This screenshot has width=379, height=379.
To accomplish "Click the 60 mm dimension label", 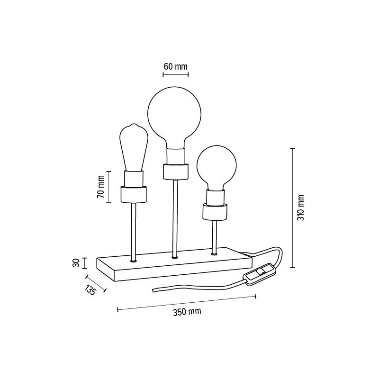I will [175, 66].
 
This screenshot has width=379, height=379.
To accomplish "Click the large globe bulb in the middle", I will [174, 114].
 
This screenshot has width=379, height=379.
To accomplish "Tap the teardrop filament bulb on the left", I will [133, 147].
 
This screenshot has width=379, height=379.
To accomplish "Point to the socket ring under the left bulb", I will [133, 194].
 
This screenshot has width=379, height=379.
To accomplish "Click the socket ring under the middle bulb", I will [174, 171].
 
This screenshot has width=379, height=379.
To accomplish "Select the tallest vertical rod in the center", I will [175, 218].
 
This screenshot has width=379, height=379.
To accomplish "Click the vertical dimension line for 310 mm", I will [292, 208].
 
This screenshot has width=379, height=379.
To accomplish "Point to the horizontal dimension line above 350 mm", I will [186, 303].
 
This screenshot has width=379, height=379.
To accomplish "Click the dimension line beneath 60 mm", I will [173, 74].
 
